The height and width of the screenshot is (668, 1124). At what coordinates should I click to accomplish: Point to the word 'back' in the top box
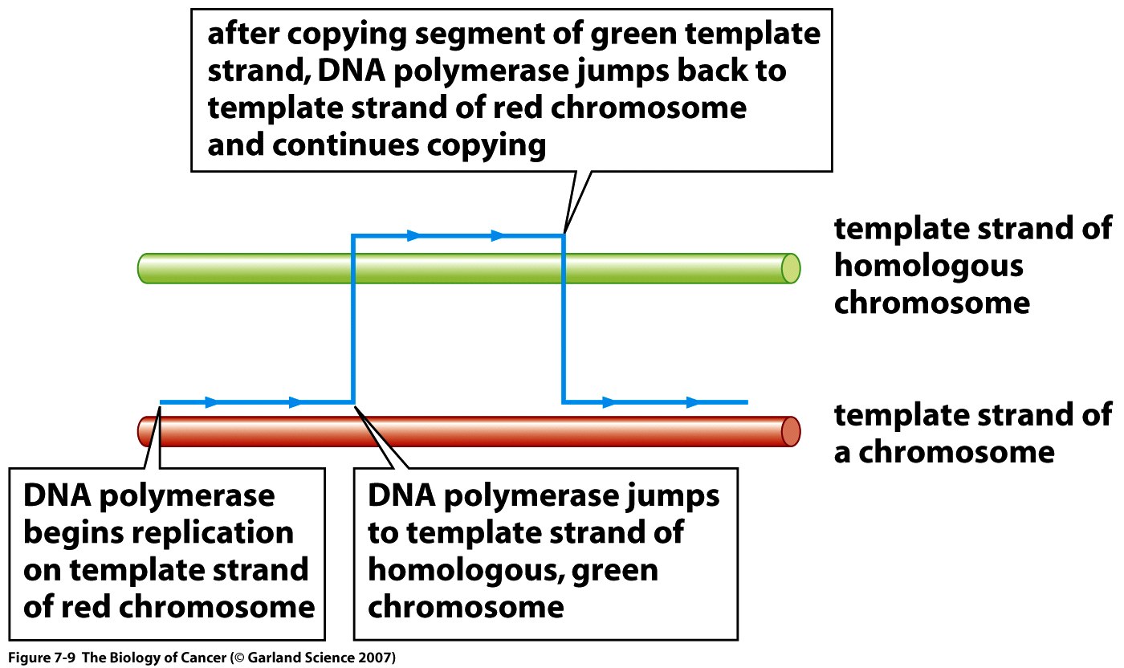point(711,71)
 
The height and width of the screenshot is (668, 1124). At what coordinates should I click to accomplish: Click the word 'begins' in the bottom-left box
point(73,534)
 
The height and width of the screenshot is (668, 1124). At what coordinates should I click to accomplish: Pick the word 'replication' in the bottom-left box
point(213,534)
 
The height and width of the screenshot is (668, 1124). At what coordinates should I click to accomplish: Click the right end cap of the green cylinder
point(790,268)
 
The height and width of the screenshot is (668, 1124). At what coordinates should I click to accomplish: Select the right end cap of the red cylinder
point(790,432)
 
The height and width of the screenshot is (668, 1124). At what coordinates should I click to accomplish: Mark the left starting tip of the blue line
point(161,402)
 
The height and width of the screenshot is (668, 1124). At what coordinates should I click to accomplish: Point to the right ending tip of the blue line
point(747,402)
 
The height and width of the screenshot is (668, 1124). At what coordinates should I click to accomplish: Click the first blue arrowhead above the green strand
point(413,235)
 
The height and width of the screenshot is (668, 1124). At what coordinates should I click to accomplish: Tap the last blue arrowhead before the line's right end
point(692,402)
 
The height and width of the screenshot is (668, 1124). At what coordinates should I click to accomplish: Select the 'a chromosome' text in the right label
point(944,453)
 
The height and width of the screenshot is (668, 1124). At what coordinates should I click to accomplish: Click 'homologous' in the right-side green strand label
point(928,267)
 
